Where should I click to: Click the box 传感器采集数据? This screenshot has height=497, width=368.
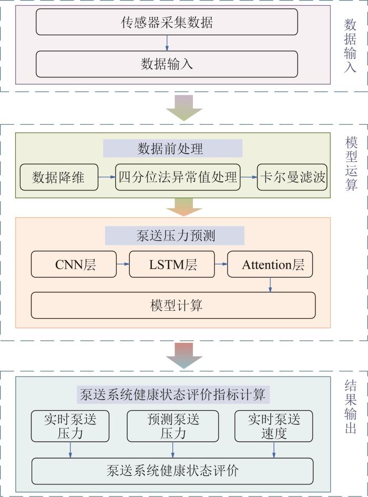pyautogui.click(x=167, y=23)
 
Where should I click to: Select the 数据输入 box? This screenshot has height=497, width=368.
pyautogui.click(x=167, y=64)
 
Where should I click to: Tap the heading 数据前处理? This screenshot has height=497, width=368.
pyautogui.click(x=172, y=149)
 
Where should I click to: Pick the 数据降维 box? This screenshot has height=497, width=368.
pyautogui.click(x=59, y=178)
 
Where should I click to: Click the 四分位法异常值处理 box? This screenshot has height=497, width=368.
pyautogui.click(x=177, y=178)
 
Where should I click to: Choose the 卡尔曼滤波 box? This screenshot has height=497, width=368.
pyautogui.click(x=292, y=178)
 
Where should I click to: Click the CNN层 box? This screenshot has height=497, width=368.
pyautogui.click(x=74, y=265)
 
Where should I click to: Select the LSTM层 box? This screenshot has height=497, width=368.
pyautogui.click(x=172, y=265)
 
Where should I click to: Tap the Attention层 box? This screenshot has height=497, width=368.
pyautogui.click(x=270, y=265)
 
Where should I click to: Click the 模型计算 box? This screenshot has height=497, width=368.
pyautogui.click(x=173, y=305)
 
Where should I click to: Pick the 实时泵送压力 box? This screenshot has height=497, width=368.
pyautogui.click(x=70, y=426)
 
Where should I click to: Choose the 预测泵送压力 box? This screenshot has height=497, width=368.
pyautogui.click(x=173, y=426)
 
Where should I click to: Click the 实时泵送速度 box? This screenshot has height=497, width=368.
pyautogui.click(x=274, y=426)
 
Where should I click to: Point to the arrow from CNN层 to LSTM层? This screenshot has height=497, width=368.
pyautogui.click(x=124, y=265)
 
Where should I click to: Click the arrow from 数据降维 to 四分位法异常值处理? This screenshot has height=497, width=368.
pyautogui.click(x=107, y=178)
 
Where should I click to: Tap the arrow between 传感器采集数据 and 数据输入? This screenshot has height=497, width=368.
pyautogui.click(x=167, y=43)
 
